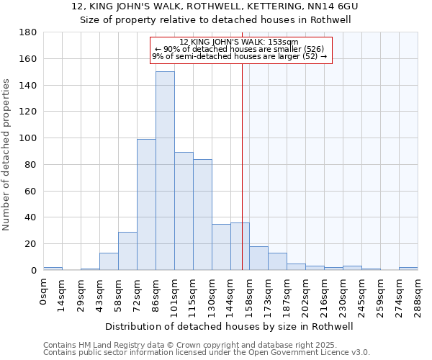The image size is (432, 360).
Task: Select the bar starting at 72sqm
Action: (146, 204)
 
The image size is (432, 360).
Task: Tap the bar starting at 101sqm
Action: (184, 211)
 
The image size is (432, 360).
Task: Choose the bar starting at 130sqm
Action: (221, 247)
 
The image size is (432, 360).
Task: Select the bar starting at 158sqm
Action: (258, 258)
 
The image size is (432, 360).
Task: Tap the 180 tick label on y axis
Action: (28, 32)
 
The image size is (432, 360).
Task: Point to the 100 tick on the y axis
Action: (28, 138)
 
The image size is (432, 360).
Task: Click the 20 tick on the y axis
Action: (31, 244)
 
